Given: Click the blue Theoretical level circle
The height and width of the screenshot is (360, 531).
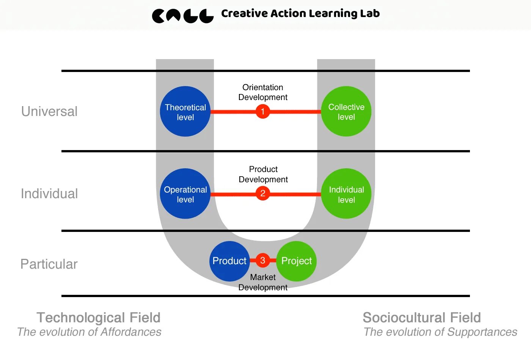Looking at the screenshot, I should tap(185, 111).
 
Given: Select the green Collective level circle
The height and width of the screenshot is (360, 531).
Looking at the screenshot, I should tap(346, 111).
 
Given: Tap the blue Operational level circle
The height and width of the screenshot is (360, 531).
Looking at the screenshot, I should tap(185, 194).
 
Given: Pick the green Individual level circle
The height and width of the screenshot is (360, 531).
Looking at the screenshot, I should tap(346, 194).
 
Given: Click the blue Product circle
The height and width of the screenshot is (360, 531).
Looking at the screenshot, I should tap(229, 261).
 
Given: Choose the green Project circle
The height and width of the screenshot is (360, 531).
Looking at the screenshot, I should tap(296, 261).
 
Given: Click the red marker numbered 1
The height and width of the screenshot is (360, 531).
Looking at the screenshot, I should tap(262, 111).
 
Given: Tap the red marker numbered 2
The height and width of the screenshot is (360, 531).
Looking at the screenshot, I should tap(262, 194).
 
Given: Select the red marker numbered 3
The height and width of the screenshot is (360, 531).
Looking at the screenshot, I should tap(262, 260).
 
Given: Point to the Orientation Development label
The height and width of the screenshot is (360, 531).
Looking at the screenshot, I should tap(263, 92).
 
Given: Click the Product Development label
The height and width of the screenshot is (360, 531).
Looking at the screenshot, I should tap(263, 174).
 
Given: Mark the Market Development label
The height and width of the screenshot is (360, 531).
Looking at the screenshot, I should tap(263, 282).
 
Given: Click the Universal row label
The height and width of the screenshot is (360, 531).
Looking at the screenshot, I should tap(49, 111).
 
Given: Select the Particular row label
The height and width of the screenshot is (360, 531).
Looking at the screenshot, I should tap(49, 264).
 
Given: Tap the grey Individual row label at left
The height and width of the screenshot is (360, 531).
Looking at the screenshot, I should tap(49, 194).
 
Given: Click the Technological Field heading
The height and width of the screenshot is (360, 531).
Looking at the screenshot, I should tap(99, 318).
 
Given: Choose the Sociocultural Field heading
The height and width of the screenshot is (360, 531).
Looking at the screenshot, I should tap(422, 318).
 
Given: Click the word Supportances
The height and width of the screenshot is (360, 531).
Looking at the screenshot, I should tap(482, 332).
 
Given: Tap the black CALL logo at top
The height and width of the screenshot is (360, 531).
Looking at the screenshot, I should tap(183, 16).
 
